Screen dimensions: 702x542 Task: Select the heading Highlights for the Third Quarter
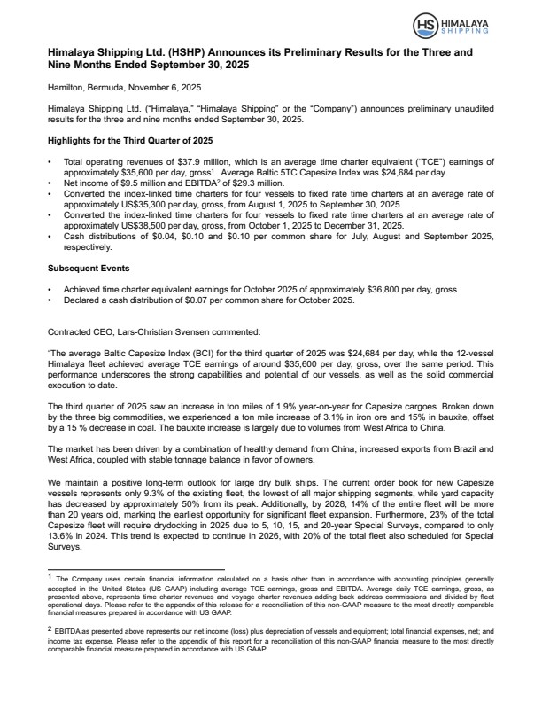[128, 141]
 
